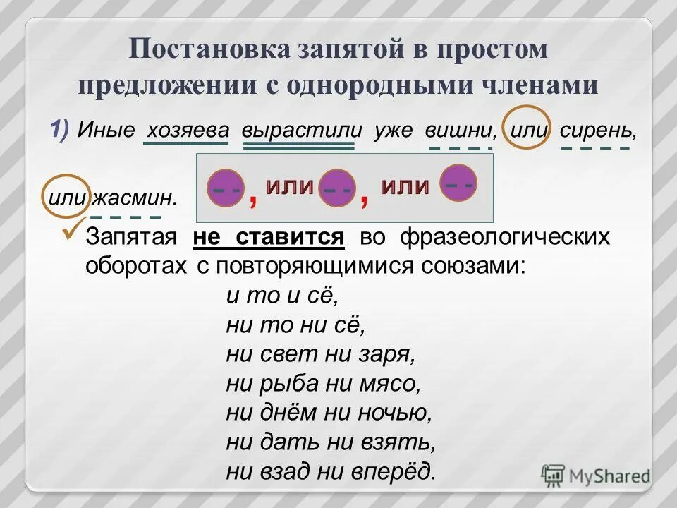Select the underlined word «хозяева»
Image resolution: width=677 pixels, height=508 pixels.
click(x=186, y=130)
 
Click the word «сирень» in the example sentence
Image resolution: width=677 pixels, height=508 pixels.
click(x=594, y=131)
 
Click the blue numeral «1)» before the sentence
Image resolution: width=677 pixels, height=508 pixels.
click(x=59, y=129)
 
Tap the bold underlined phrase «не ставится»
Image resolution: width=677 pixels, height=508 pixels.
click(x=269, y=237)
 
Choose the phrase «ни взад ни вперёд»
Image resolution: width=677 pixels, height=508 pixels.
click(x=331, y=469)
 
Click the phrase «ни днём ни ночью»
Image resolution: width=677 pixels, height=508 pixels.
click(x=329, y=411)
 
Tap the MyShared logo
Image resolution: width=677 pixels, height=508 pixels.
click(x=595, y=475)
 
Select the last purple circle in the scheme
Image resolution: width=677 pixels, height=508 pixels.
click(x=458, y=184)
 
